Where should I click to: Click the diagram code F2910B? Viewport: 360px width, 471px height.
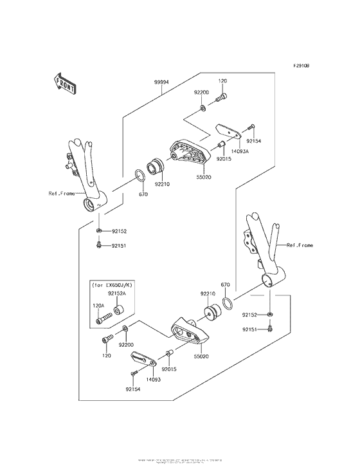302,66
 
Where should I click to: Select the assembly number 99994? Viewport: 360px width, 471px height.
161,83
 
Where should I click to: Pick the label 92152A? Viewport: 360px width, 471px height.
116,293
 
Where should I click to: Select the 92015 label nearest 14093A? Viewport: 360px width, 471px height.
224,158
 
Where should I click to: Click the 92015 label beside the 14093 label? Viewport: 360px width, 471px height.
169,369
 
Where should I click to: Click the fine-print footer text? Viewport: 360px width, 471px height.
180,461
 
